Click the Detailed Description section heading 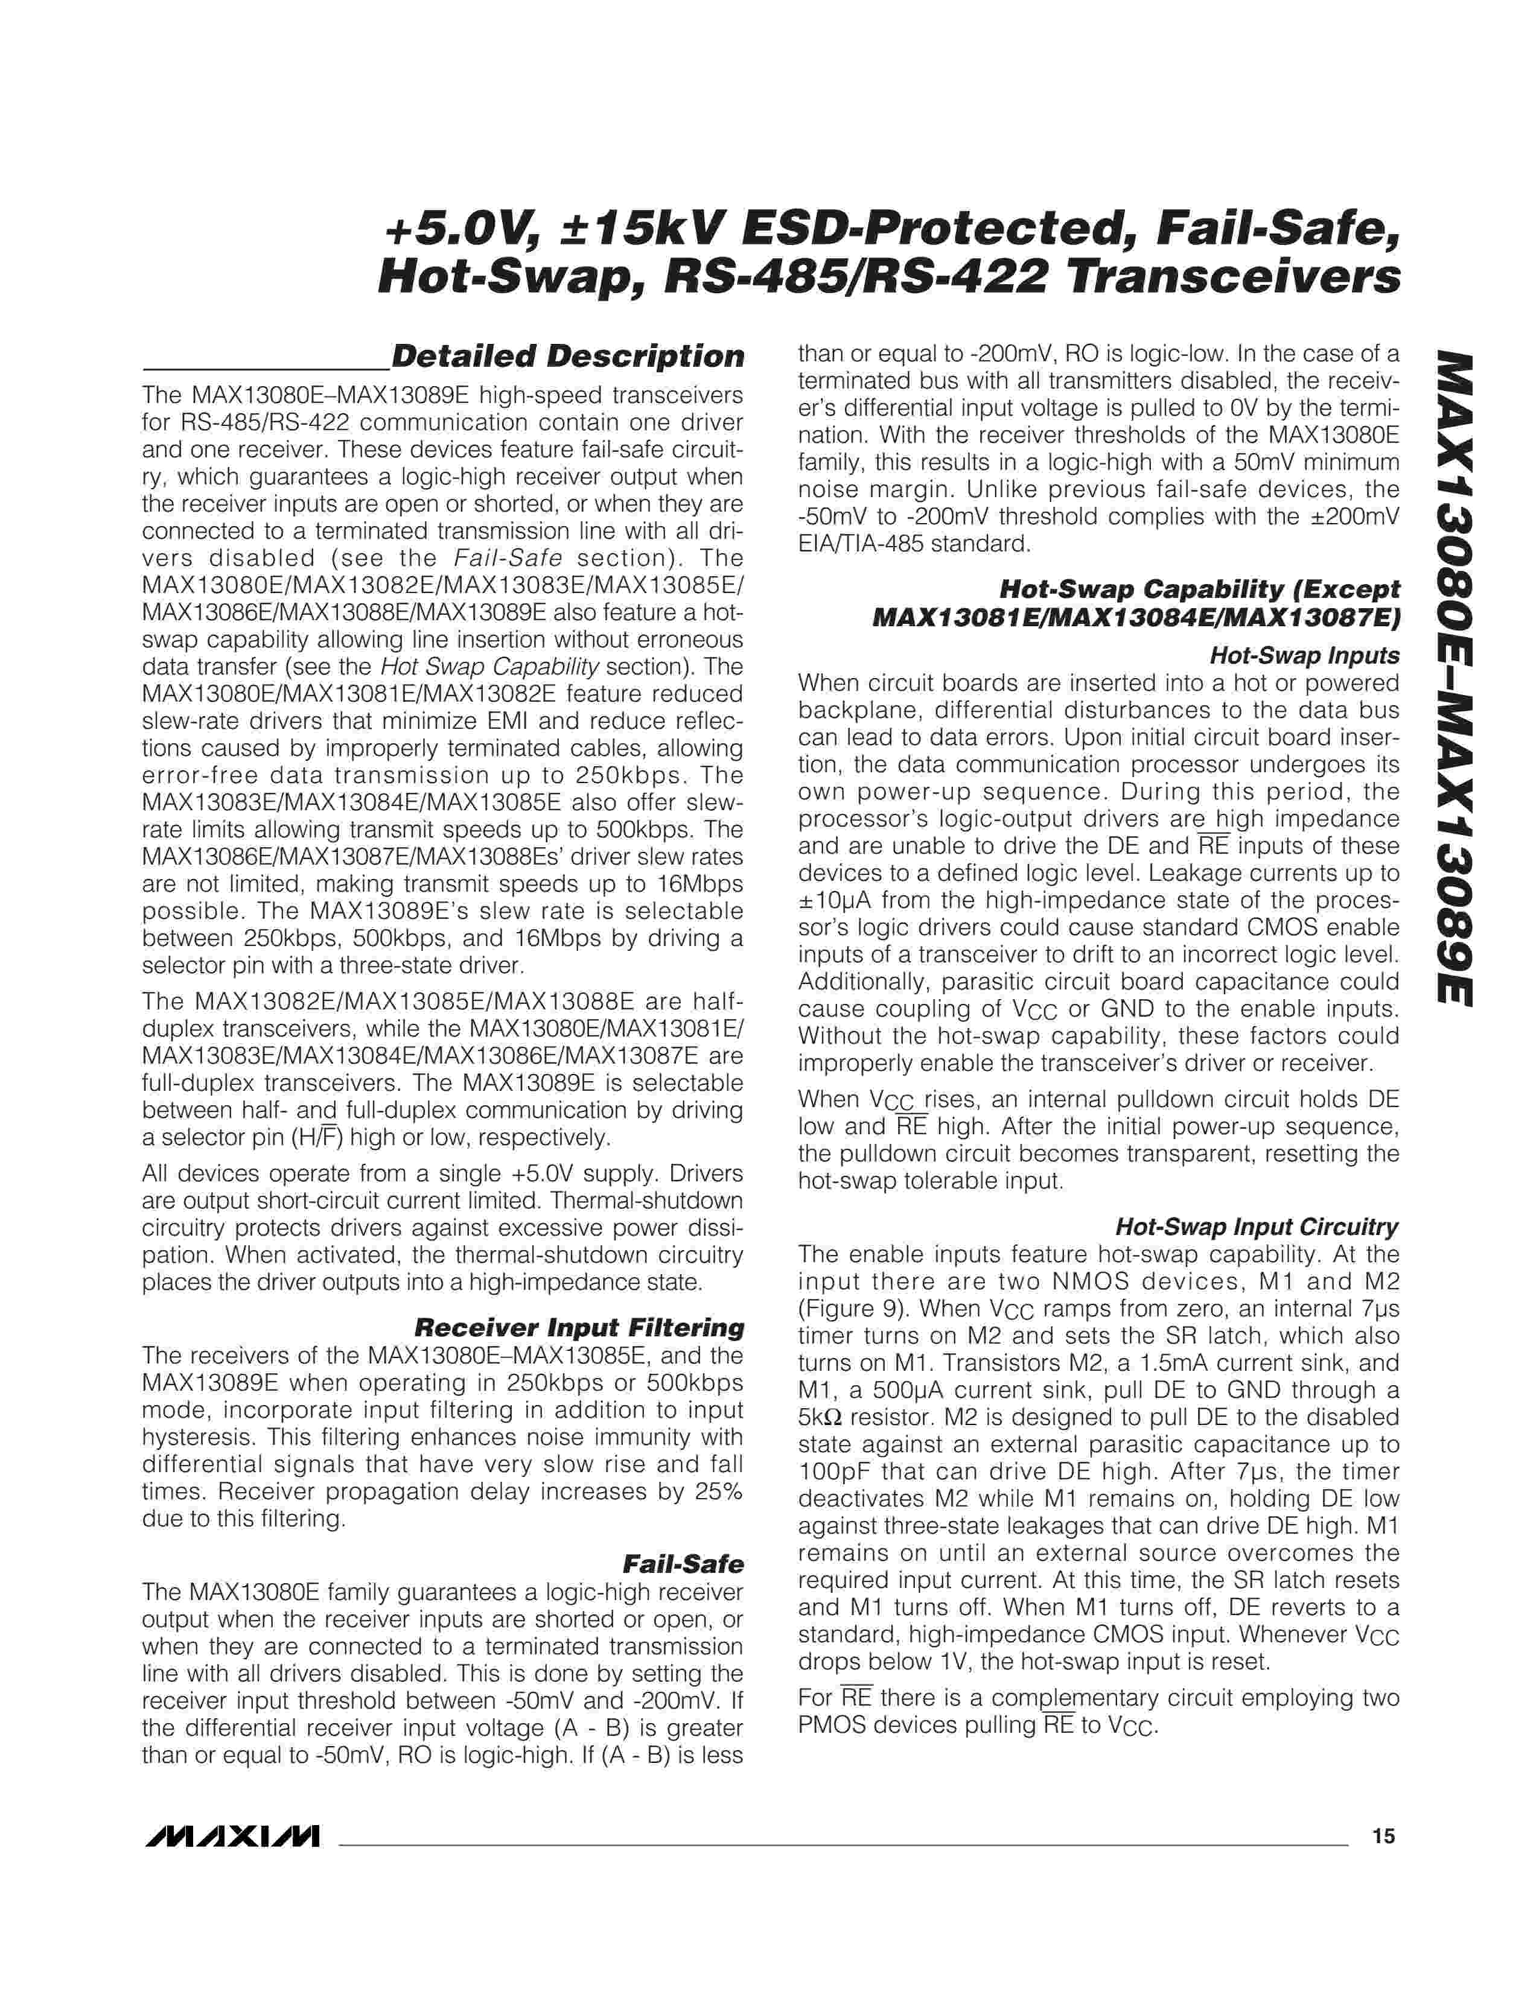567,357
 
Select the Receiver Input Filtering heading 579,1327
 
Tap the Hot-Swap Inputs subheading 1304,655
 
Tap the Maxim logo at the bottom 231,1836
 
